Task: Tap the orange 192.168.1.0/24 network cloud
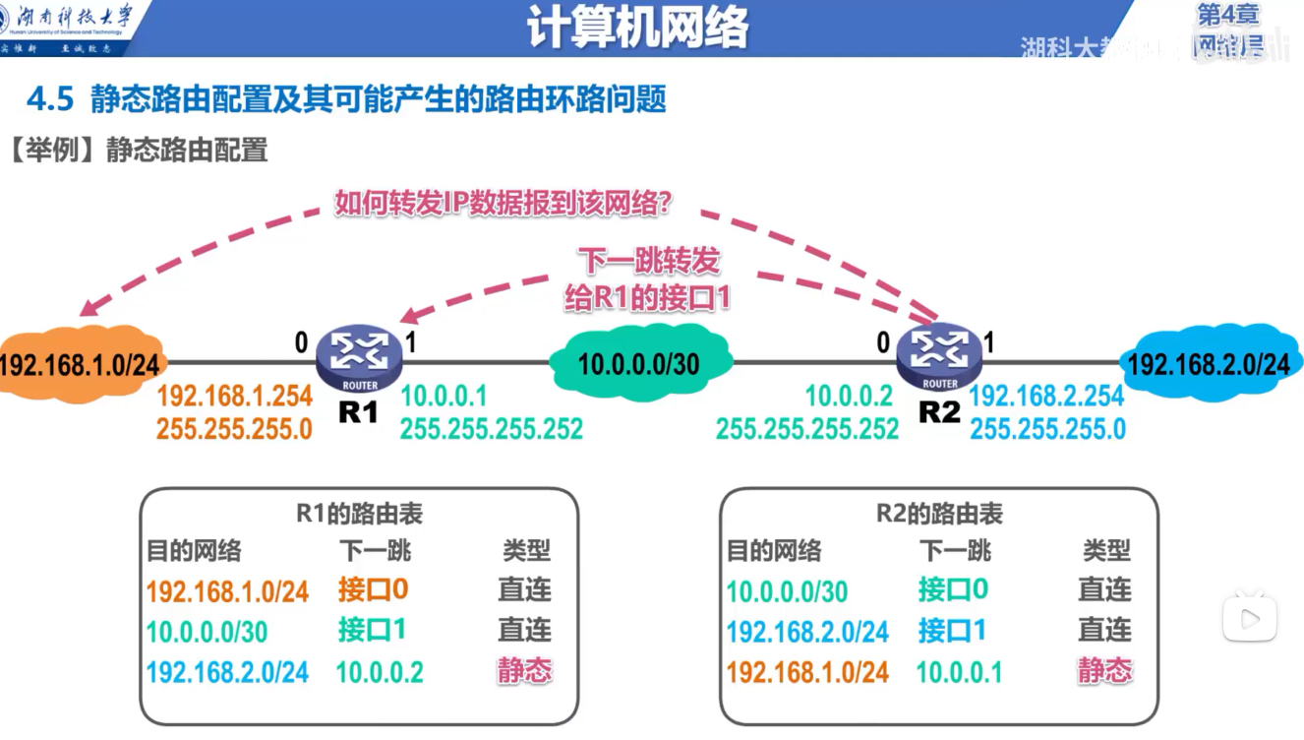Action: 79,364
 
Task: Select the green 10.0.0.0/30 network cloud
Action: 639,364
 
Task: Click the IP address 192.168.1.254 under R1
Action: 234,397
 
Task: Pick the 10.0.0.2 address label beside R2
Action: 849,397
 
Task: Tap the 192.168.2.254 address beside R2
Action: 1046,397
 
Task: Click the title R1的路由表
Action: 359,514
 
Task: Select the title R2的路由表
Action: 939,514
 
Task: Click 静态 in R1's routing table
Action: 524,671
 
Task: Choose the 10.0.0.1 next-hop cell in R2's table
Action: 959,672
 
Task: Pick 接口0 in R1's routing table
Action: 373,589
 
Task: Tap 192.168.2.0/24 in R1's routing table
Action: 227,672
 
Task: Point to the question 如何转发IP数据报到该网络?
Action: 504,204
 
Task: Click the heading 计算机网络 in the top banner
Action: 637,27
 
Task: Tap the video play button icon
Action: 1250,619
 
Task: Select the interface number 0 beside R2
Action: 883,342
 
